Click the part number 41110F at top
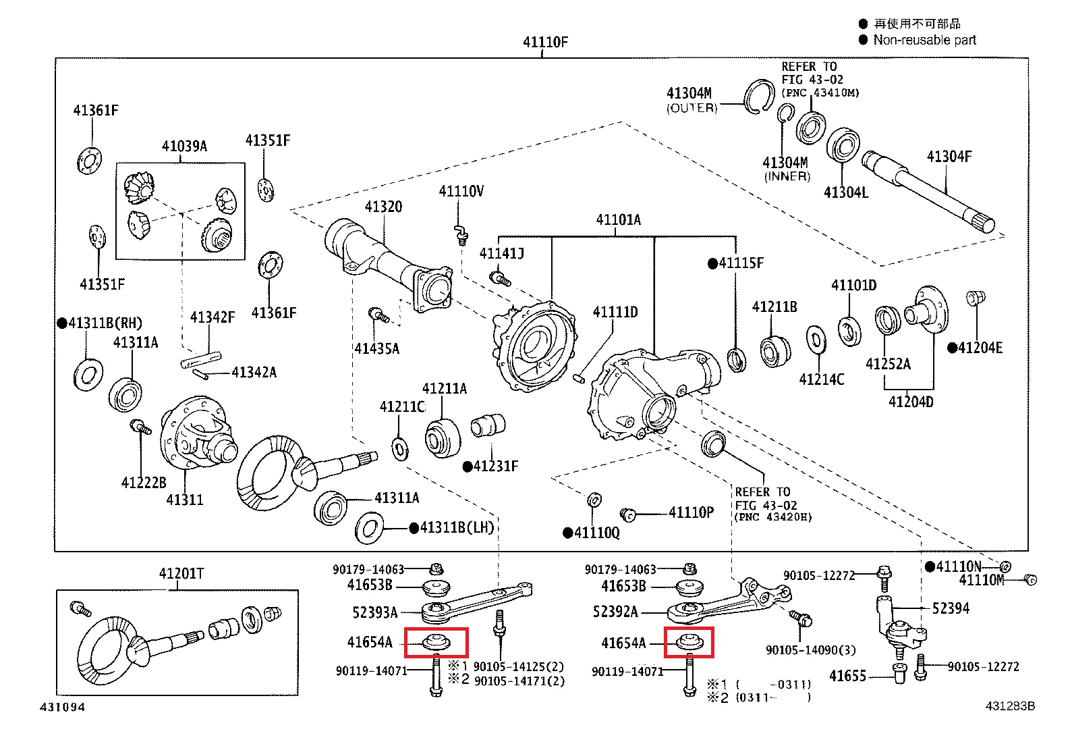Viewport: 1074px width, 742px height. click(x=545, y=42)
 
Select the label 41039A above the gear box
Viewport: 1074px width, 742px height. click(x=184, y=146)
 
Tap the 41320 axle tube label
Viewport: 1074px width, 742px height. click(x=383, y=207)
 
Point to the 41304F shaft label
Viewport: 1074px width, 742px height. click(x=949, y=157)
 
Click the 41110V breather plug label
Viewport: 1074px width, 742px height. click(x=461, y=192)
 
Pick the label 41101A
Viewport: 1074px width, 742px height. click(x=618, y=219)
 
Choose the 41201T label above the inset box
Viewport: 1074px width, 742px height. click(x=181, y=574)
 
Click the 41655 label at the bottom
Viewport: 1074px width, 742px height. click(x=847, y=676)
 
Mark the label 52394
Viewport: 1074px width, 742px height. click(x=951, y=608)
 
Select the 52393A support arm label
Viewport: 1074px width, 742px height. click(x=375, y=612)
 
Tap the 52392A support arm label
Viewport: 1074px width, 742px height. click(x=615, y=612)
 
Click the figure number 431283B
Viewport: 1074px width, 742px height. click(x=1010, y=706)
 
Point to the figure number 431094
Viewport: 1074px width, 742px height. click(x=63, y=707)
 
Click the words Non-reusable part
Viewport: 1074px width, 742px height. click(x=924, y=40)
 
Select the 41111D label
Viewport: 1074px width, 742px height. click(x=615, y=312)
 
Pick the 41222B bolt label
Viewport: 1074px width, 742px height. click(x=144, y=483)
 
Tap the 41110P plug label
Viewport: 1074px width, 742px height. click(x=691, y=512)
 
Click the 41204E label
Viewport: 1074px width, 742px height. click(x=980, y=348)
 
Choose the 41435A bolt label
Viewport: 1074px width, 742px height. click(x=377, y=349)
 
